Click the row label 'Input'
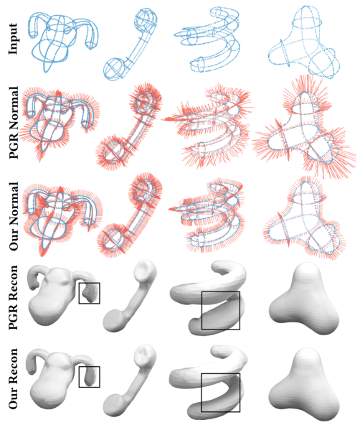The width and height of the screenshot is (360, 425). point(13,39)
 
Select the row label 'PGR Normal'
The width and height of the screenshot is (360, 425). point(14,123)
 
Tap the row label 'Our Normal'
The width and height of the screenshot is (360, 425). point(14,216)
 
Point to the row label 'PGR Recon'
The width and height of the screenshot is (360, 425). point(13,297)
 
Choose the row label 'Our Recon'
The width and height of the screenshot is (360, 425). point(13,378)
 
